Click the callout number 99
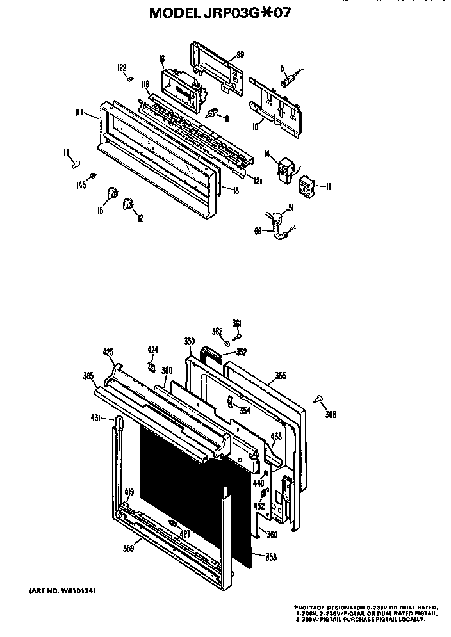240,55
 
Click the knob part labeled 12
128,204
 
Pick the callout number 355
280,376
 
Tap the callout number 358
271,557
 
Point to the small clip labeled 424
152,366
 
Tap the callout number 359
129,547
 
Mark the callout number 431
95,417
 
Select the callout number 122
121,67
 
